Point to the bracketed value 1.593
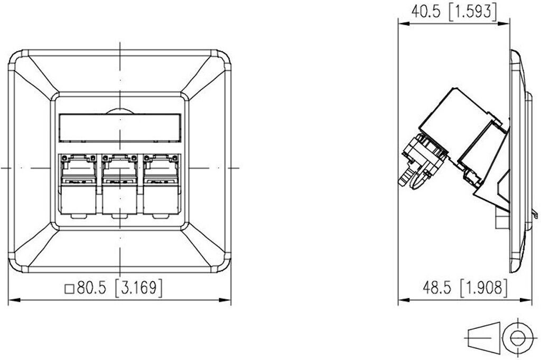click(x=473, y=12)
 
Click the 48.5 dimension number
click(x=436, y=288)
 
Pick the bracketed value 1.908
click(x=484, y=288)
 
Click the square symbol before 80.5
click(x=70, y=289)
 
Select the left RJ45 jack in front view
click(x=78, y=184)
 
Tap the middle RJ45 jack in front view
click(x=120, y=184)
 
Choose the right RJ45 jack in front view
click(x=161, y=184)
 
